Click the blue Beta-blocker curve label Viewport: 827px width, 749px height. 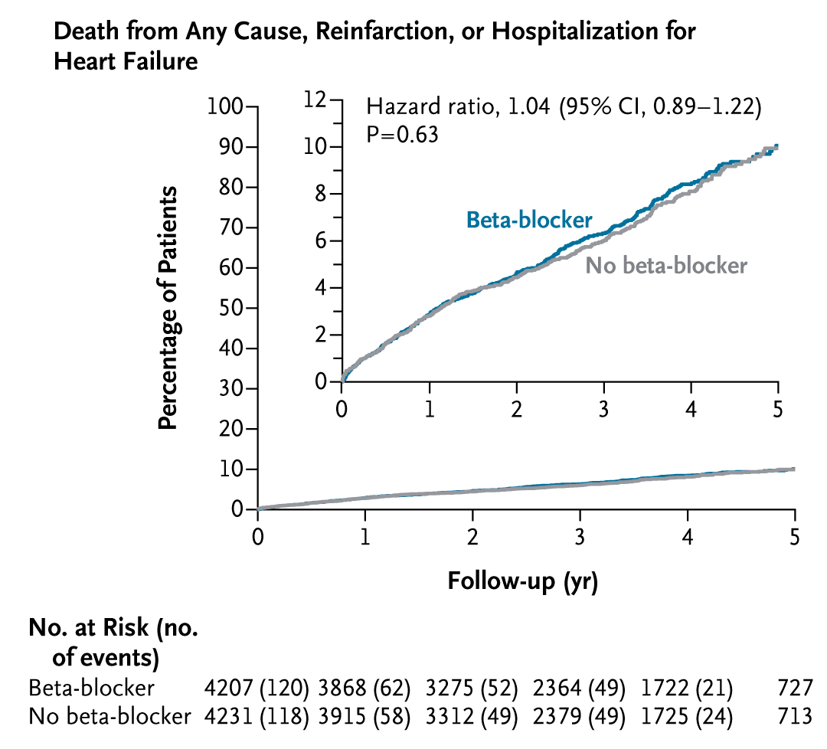point(529,221)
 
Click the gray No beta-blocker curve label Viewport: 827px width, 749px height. point(666,266)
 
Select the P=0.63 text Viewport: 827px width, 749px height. point(402,134)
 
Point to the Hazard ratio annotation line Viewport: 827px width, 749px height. point(564,106)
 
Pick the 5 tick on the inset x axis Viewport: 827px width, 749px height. point(778,409)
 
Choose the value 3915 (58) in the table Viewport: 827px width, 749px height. point(364,717)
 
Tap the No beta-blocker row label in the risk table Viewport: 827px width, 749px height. point(108,717)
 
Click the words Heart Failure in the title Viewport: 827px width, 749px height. point(126,61)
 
